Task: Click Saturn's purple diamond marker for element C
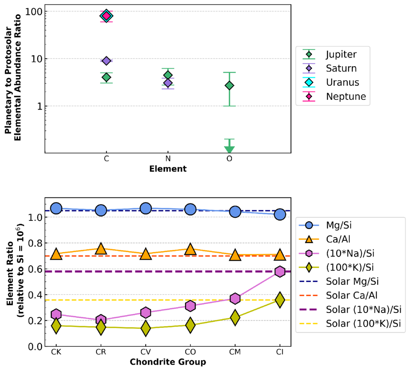pos(106,61)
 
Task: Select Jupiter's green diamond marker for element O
pos(229,86)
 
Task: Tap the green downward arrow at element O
pos(229,149)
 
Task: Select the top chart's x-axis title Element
pos(168,169)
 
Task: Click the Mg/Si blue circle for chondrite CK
pos(56,209)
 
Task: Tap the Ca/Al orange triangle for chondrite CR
pos(101,249)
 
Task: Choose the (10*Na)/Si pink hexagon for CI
pos(280,271)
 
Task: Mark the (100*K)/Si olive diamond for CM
pos(235,317)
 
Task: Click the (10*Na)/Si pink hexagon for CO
pos(190,306)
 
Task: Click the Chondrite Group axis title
pos(168,362)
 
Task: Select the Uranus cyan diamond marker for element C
pos(106,16)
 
